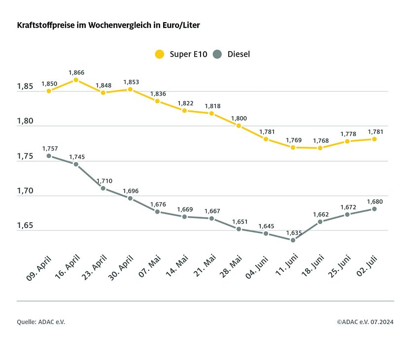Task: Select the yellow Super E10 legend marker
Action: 159,54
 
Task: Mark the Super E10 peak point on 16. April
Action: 76,80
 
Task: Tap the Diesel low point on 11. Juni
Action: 293,240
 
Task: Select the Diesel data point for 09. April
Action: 49,156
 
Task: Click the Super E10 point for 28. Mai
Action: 239,126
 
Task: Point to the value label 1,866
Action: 76,72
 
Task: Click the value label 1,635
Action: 293,232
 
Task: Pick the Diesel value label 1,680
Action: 375,201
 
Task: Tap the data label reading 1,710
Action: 104,181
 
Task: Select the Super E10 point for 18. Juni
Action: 320,148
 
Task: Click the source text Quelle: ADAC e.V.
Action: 41,322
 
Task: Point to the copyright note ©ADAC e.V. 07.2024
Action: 365,322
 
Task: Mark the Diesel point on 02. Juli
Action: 375,209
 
